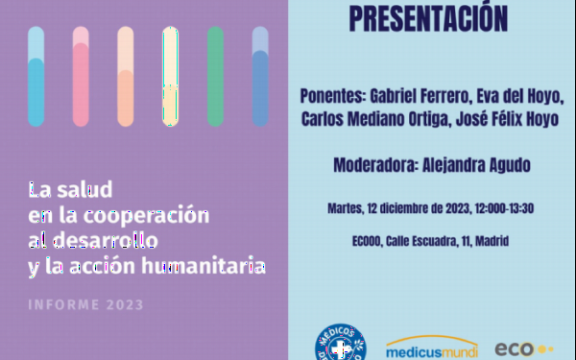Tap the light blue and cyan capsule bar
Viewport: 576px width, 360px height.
(36, 77)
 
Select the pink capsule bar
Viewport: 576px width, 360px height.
(81, 77)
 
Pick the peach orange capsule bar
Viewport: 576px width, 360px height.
(126, 77)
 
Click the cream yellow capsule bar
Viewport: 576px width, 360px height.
(171, 77)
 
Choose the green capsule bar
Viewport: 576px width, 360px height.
(215, 77)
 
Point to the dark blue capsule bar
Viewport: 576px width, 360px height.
(260, 77)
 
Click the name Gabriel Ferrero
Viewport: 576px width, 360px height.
(420, 96)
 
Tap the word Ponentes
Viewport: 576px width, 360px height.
(333, 96)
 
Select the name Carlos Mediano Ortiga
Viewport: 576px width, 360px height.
(376, 119)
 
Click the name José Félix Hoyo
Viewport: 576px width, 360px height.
(507, 119)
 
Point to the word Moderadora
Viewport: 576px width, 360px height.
(376, 165)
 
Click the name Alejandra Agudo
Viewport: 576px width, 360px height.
(476, 165)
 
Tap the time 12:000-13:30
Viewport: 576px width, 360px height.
(504, 208)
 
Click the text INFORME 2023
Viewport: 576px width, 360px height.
(86, 305)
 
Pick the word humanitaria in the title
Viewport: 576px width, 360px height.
(204, 265)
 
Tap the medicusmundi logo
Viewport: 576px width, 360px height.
(432, 348)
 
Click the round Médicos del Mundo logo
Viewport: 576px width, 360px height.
(341, 343)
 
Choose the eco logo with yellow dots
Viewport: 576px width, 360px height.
(524, 349)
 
